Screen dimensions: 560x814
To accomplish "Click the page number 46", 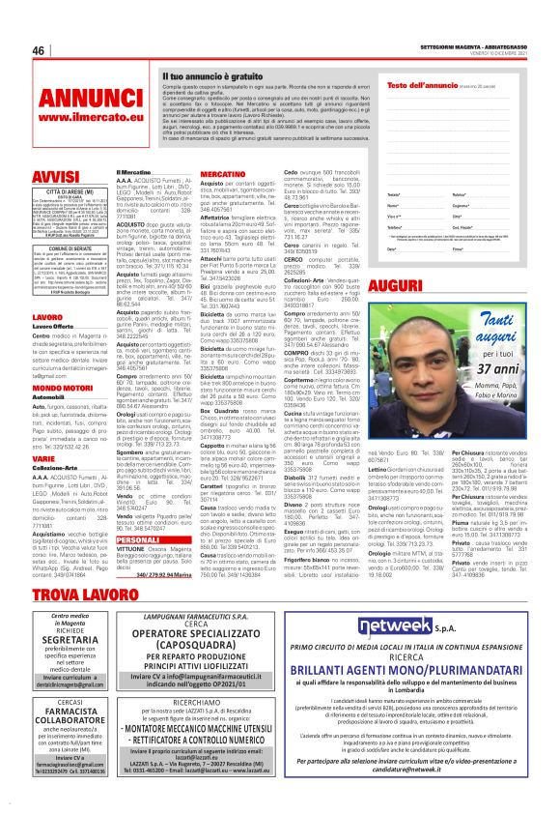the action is pos(39,50).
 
